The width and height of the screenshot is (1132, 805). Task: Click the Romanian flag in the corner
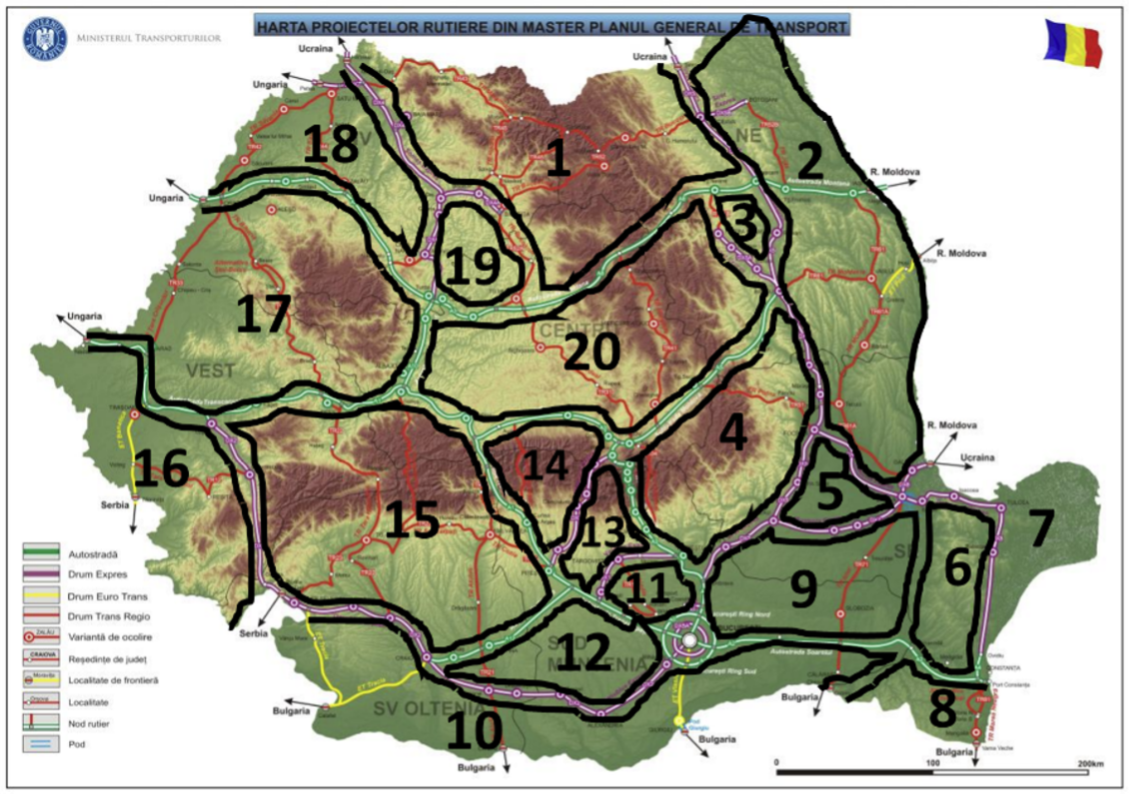(x=1072, y=42)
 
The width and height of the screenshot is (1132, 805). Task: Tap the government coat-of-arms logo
(x=43, y=39)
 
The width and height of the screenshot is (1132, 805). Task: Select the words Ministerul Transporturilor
(x=149, y=39)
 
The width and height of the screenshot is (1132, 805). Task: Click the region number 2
(x=809, y=160)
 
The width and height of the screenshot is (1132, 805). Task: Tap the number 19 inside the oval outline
(x=472, y=267)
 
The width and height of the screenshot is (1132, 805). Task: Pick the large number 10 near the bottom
(x=475, y=732)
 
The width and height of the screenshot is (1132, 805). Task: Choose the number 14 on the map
(x=545, y=465)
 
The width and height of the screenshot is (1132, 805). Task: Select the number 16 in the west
(x=161, y=469)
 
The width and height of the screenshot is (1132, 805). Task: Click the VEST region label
(x=210, y=371)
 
